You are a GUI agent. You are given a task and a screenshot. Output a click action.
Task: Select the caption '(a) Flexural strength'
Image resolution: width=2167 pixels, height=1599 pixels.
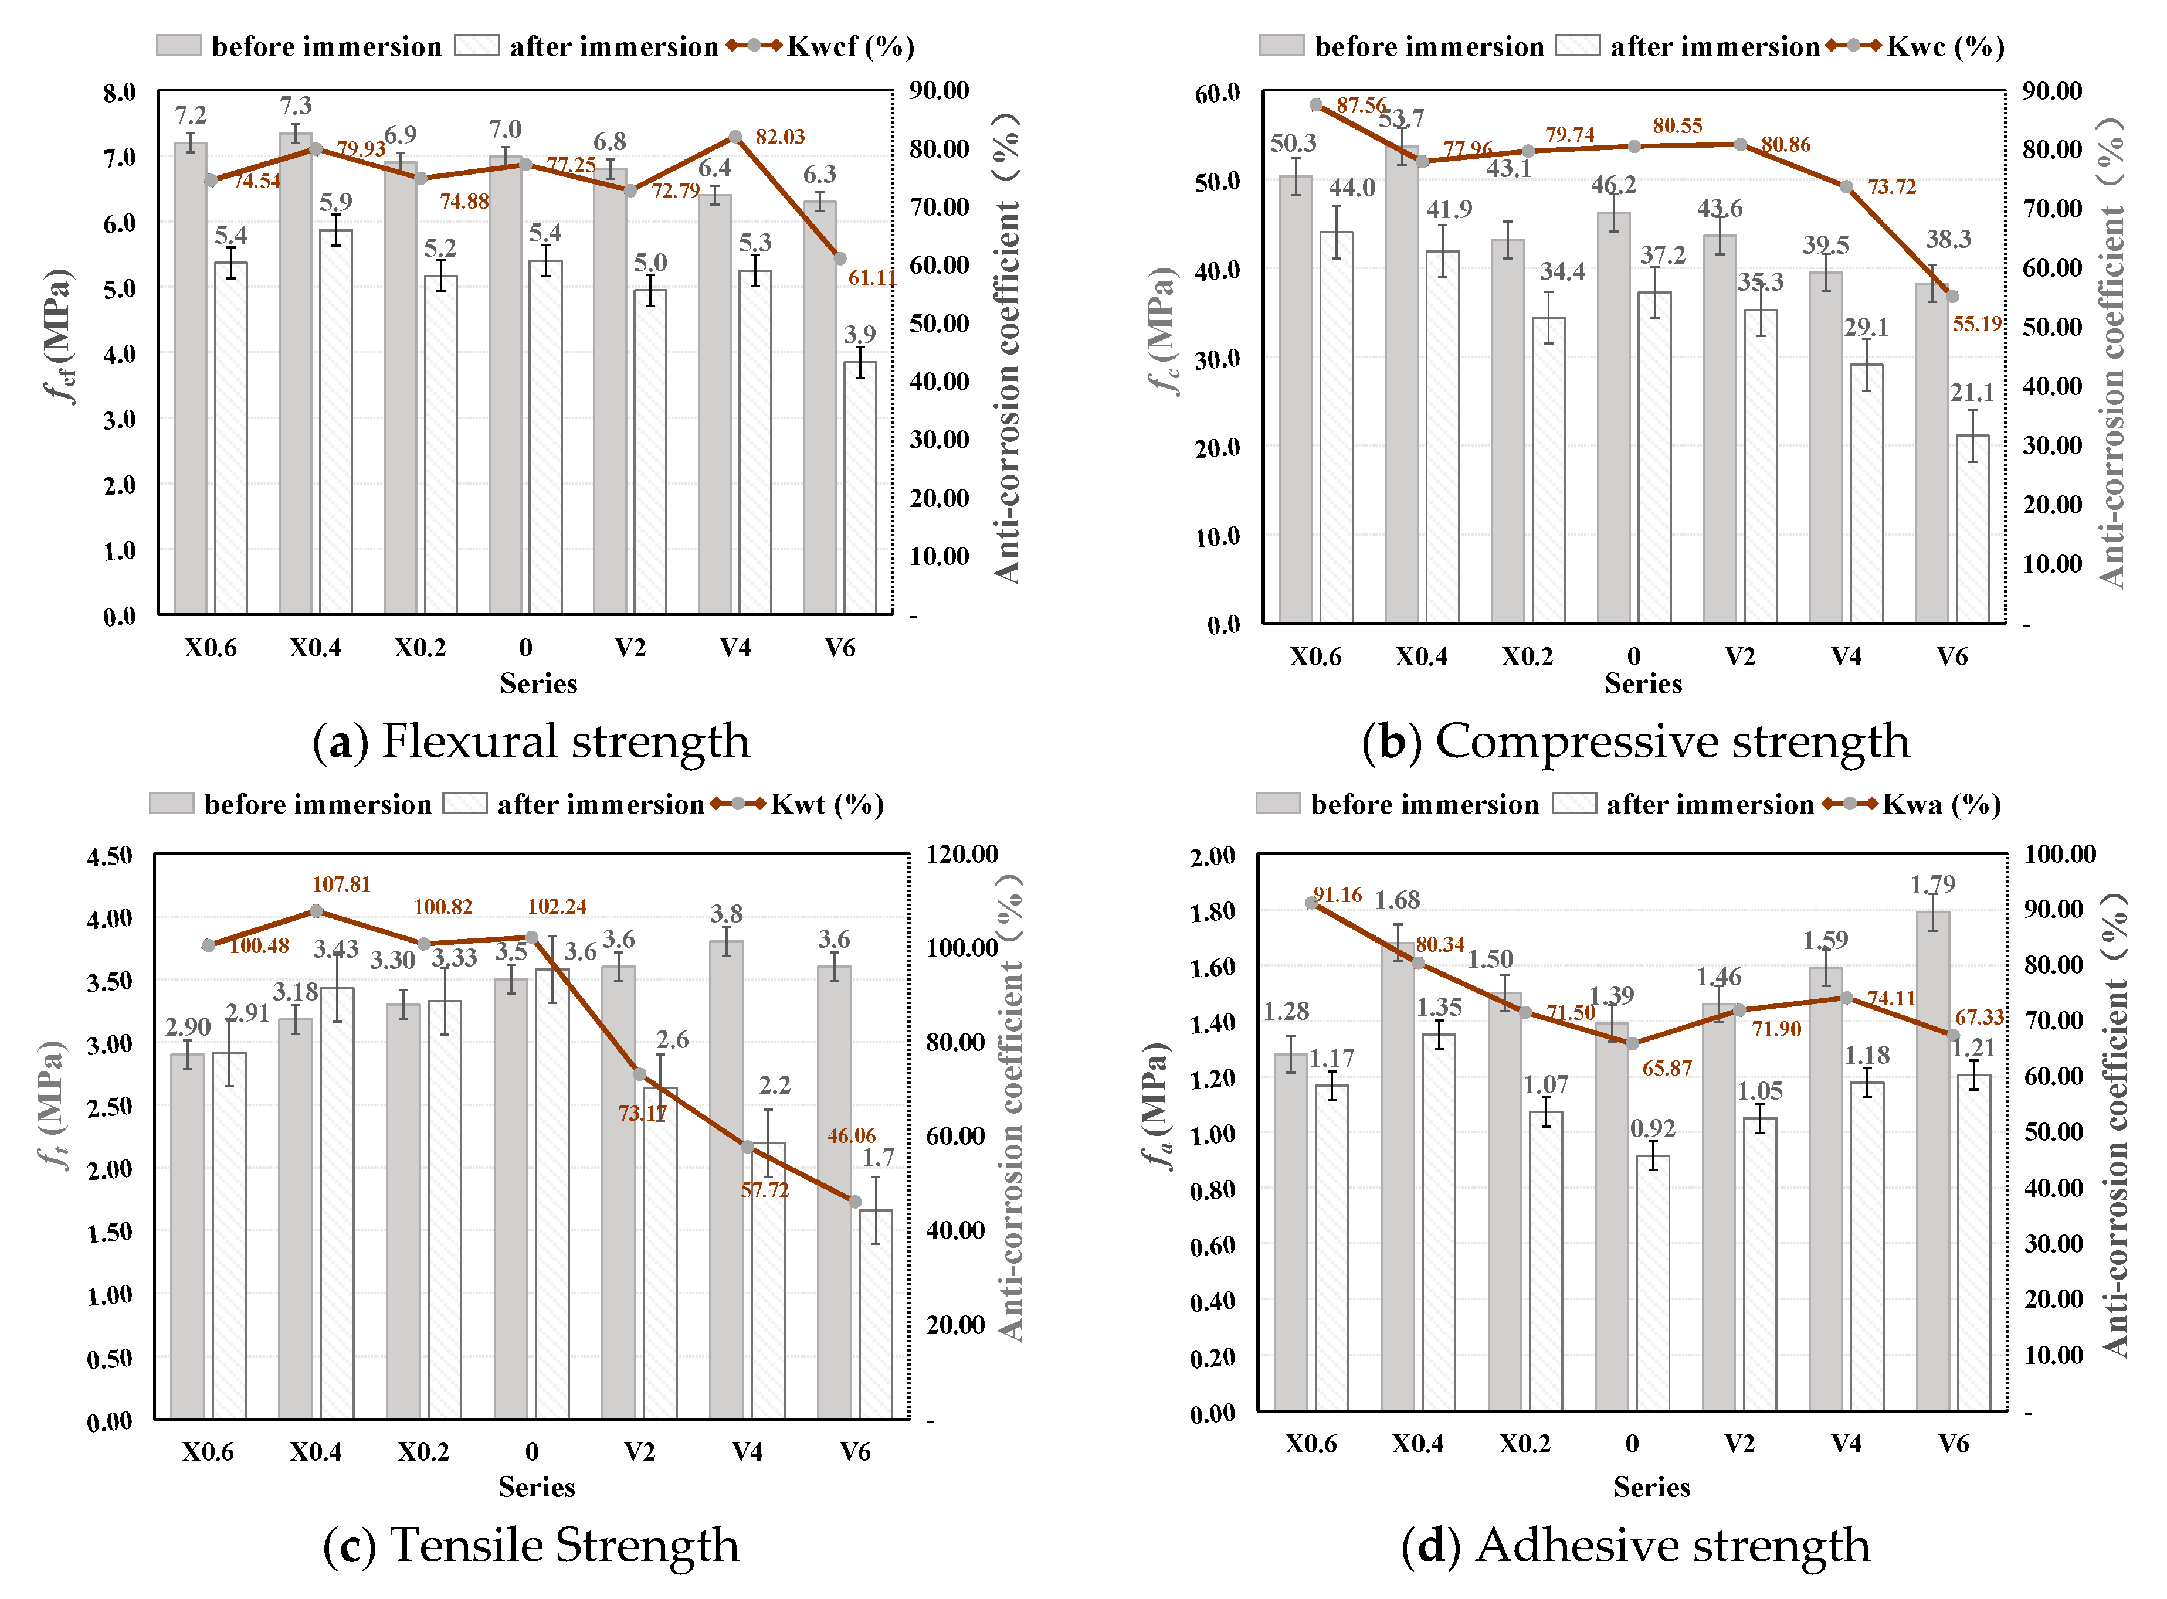click(531, 741)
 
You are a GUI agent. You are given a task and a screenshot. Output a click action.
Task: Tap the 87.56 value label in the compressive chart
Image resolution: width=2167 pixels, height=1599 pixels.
click(1361, 104)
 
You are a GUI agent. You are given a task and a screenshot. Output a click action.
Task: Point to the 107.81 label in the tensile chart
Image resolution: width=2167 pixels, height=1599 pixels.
click(341, 884)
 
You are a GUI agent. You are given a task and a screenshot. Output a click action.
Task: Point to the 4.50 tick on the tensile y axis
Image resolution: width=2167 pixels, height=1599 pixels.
click(110, 856)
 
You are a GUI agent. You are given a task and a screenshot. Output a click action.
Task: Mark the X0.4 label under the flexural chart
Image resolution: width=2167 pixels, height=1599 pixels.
click(315, 648)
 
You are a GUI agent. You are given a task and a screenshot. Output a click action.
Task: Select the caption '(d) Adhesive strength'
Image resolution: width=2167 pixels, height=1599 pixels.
click(1636, 1545)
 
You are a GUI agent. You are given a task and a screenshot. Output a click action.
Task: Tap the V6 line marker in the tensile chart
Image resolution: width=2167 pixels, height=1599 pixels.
click(855, 1201)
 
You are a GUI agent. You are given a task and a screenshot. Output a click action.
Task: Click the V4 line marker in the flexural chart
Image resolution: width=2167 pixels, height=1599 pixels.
click(735, 137)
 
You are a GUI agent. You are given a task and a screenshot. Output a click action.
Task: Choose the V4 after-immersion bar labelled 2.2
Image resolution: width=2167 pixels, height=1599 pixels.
click(768, 1280)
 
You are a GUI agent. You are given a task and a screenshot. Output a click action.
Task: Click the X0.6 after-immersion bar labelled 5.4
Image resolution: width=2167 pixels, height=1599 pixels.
click(230, 437)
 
